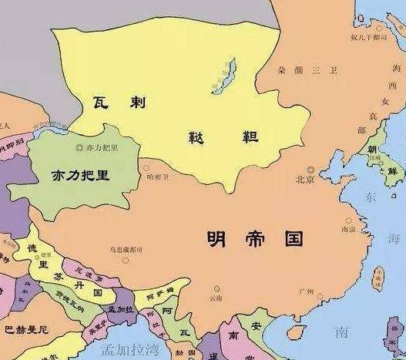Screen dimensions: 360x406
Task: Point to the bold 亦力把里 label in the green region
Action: point(80,175)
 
